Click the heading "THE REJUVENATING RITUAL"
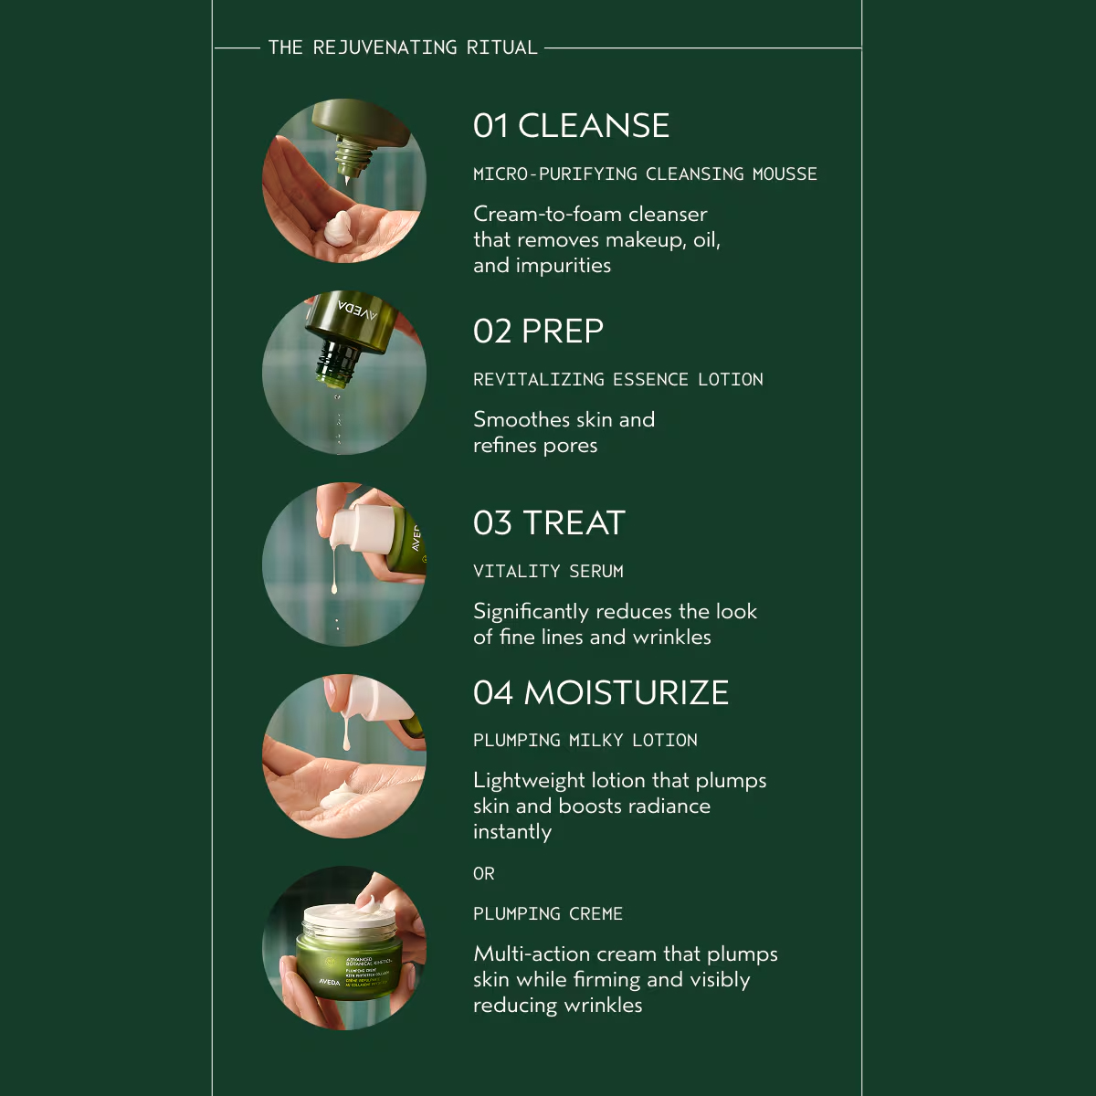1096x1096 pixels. click(403, 47)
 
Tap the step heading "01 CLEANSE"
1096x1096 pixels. click(571, 125)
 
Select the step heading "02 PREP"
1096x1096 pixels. click(538, 331)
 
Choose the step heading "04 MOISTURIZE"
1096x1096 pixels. click(601, 692)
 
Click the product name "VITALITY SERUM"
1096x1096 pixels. click(548, 571)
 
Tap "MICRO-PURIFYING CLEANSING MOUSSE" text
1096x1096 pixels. click(645, 174)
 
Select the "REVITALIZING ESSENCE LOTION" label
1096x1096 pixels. click(618, 379)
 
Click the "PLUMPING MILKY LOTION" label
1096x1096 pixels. click(585, 740)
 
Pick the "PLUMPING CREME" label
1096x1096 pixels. click(548, 913)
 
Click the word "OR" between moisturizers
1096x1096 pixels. click(484, 874)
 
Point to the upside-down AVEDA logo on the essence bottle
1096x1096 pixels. click(357, 310)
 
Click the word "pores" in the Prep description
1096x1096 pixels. click(571, 446)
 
